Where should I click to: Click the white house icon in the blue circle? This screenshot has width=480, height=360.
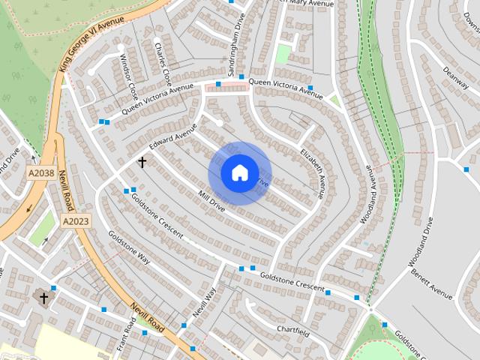[x=239, y=173]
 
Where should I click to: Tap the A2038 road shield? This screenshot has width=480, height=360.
[x=41, y=173]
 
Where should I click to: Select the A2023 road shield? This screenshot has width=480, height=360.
[x=76, y=221]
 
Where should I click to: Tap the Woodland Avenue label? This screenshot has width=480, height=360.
[x=370, y=187]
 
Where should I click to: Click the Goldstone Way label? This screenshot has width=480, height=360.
[x=129, y=247]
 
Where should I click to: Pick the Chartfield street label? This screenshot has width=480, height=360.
[x=292, y=329]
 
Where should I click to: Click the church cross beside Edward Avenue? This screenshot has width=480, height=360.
[x=141, y=161]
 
